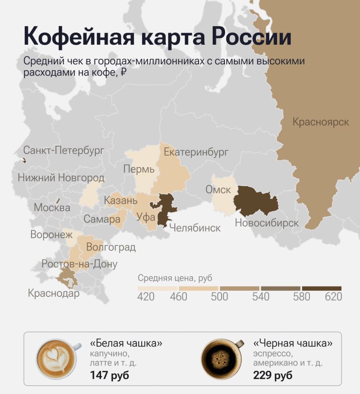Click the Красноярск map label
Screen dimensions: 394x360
[321, 122]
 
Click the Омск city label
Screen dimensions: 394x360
[218, 190]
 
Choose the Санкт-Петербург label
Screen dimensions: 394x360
[64, 151]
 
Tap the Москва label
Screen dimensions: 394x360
[52, 208]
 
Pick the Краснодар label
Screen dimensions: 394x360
[54, 293]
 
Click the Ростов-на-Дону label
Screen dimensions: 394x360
[79, 264]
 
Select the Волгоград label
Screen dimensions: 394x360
[111, 247]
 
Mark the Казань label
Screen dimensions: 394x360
[121, 201]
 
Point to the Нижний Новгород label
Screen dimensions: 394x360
[61, 178]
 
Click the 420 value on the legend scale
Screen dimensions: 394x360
[146, 297]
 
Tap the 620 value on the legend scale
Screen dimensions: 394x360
[333, 297]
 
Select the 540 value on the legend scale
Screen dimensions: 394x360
[261, 297]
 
